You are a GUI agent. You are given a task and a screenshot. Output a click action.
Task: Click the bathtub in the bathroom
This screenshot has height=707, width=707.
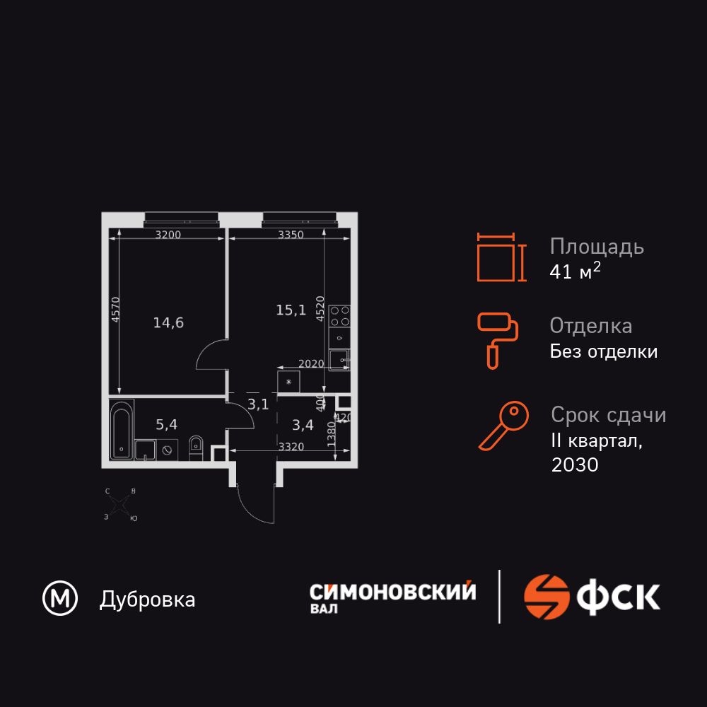[121, 430]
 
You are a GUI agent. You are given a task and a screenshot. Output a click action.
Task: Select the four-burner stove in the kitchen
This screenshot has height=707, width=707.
[339, 315]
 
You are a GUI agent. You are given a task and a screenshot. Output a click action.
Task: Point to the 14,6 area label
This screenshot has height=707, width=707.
[168, 323]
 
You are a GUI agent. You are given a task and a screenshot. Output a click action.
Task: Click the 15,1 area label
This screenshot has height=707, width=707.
[291, 309]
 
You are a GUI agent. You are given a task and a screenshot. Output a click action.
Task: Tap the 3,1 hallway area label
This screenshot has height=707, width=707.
[258, 404]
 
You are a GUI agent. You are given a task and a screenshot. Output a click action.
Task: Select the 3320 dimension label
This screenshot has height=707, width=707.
[291, 447]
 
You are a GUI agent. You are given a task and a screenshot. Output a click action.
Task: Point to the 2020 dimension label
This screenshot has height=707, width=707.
[311, 364]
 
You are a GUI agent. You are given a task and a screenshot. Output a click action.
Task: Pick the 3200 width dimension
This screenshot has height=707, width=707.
[168, 235]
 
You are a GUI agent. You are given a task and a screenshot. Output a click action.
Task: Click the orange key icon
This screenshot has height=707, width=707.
[503, 426]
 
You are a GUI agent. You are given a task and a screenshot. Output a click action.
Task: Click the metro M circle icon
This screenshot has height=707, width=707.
[61, 600]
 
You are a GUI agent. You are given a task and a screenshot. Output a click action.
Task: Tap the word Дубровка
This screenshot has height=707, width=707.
[147, 600]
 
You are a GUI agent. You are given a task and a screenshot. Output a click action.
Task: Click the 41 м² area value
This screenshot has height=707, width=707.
[575, 272]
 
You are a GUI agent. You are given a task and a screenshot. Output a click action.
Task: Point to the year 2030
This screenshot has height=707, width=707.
[574, 464]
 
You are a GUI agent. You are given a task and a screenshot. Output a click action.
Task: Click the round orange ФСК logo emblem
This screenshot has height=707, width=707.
[547, 597]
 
